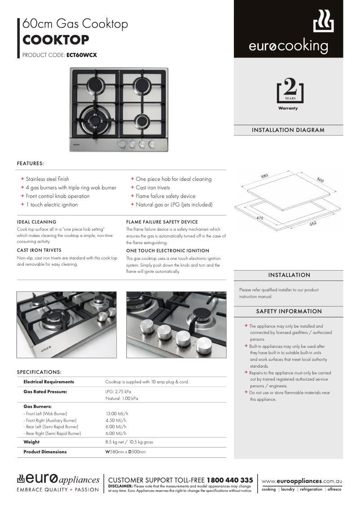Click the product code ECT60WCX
click(81, 55)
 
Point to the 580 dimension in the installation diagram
click(264, 176)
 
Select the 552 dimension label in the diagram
click(313, 223)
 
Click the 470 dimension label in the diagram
click(259, 218)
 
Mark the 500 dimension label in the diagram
click(320, 180)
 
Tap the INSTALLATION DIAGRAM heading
click(288, 130)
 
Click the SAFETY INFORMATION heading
click(289, 311)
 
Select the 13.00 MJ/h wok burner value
click(117, 413)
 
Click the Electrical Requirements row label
click(48, 382)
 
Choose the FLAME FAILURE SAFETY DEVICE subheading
click(162, 222)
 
